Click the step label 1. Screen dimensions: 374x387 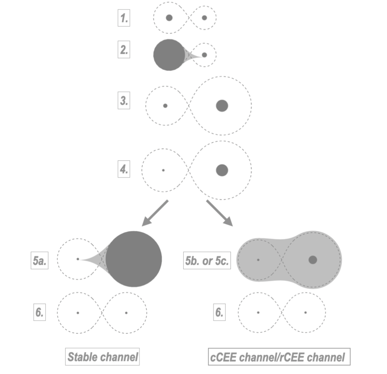click(x=123, y=19)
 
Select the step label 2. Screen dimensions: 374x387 click(x=123, y=51)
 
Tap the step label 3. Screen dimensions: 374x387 click(x=123, y=100)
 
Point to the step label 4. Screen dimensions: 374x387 click(x=123, y=169)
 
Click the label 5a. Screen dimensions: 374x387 click(x=39, y=262)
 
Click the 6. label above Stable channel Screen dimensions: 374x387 click(x=39, y=312)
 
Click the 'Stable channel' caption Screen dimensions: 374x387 click(x=103, y=358)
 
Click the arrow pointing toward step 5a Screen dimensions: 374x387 click(x=155, y=213)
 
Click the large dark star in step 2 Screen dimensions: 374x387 click(x=169, y=55)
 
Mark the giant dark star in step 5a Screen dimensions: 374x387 click(x=134, y=259)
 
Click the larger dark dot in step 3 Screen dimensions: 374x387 click(x=222, y=105)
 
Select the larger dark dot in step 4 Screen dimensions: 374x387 click(x=222, y=170)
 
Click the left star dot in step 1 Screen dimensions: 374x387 click(x=169, y=18)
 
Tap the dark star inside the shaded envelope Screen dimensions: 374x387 click(x=313, y=259)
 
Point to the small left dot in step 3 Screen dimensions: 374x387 click(x=165, y=106)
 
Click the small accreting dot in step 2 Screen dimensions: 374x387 click(x=204, y=55)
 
